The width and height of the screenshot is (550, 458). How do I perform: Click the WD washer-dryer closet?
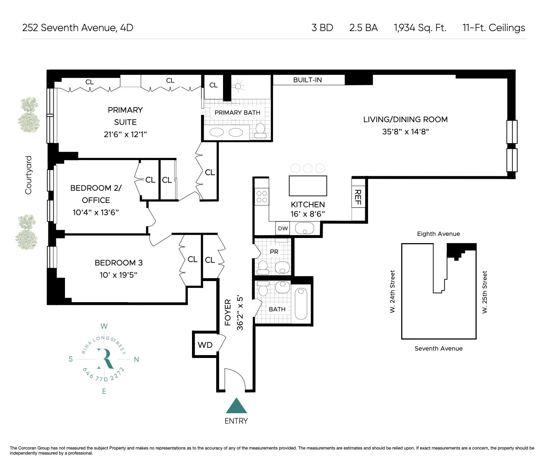pyautogui.click(x=205, y=345)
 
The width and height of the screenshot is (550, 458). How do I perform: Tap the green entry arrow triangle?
pyautogui.click(x=236, y=406)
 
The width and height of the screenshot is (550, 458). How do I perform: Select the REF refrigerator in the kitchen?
pyautogui.click(x=358, y=197)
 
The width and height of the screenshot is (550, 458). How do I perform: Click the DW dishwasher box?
pyautogui.click(x=283, y=228)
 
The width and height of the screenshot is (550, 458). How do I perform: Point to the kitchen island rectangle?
pyautogui.click(x=308, y=186)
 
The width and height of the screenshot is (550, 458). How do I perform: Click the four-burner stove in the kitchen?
pyautogui.click(x=262, y=196)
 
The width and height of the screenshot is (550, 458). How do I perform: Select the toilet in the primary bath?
pyautogui.click(x=260, y=131)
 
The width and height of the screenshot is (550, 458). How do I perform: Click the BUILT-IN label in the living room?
pyautogui.click(x=307, y=80)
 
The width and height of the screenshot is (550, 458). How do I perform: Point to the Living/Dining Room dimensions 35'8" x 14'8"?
pyautogui.click(x=405, y=131)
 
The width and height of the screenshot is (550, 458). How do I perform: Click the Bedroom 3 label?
pyautogui.click(x=115, y=263)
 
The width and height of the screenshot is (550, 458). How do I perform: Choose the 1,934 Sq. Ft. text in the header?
pyautogui.click(x=420, y=28)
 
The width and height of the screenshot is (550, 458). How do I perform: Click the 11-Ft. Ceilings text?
pyautogui.click(x=493, y=28)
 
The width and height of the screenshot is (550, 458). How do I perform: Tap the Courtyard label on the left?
pyautogui.click(x=28, y=175)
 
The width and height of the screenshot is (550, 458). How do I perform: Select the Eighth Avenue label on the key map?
pyautogui.click(x=438, y=234)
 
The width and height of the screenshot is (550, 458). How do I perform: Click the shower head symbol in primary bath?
pyautogui.click(x=238, y=86)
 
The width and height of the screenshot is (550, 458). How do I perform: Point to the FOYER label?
pyautogui.click(x=228, y=312)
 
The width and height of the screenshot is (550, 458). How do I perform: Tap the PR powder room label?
pyautogui.click(x=274, y=251)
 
